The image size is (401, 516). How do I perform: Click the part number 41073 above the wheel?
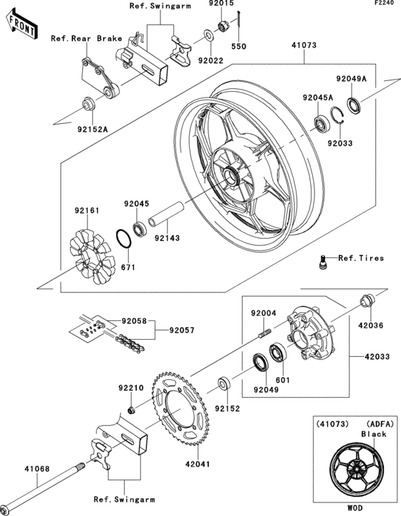click(x=304, y=46)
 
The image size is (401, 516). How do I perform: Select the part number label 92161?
click(x=85, y=211)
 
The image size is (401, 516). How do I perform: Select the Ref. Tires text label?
click(x=361, y=258)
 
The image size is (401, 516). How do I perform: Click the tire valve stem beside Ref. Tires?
click(x=323, y=262)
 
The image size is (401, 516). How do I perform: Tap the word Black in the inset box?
click(x=374, y=434)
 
